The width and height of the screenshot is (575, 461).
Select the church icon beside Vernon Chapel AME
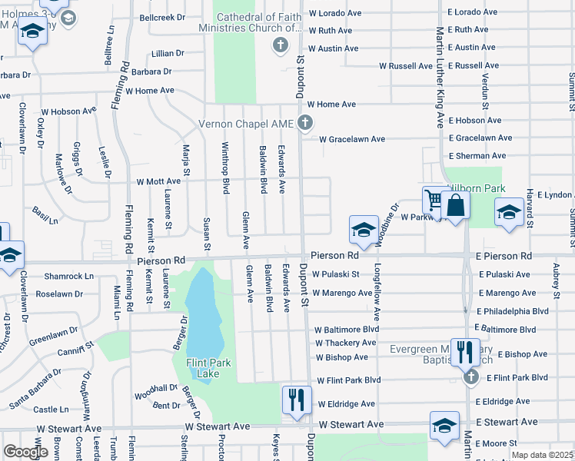(305, 122)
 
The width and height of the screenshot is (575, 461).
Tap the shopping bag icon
(455, 205)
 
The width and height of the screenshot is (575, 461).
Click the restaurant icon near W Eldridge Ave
(295, 399)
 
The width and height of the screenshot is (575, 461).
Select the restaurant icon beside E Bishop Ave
(464, 352)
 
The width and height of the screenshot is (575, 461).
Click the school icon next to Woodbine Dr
(364, 229)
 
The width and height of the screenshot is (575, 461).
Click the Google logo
(25, 452)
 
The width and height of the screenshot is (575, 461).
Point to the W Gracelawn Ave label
(346, 139)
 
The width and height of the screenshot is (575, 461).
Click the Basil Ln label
(45, 214)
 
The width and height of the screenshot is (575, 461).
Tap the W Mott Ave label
(158, 182)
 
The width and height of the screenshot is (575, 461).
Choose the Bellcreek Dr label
(162, 17)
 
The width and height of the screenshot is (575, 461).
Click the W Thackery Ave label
(346, 343)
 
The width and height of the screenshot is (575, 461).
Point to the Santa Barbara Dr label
(35, 388)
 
